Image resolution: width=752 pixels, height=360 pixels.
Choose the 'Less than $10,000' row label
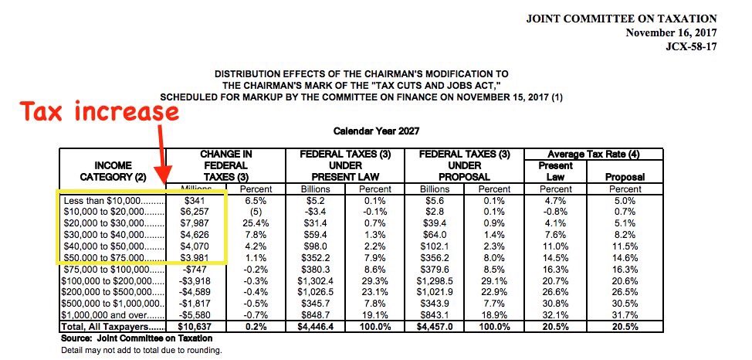point(112,199)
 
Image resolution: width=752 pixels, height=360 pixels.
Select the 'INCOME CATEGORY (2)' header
point(113,171)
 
